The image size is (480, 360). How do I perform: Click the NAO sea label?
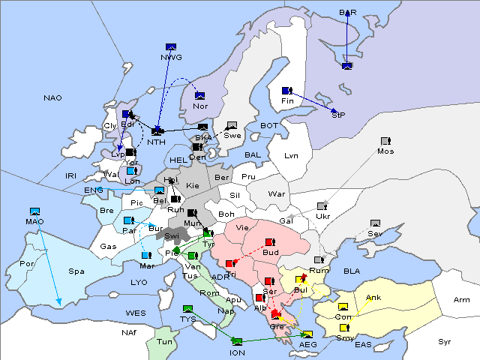point(52,98)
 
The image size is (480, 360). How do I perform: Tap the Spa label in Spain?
point(76,271)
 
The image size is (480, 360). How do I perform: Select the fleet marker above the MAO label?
point(34,211)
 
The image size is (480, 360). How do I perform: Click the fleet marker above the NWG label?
point(170,46)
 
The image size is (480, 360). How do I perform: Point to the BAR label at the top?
point(348,13)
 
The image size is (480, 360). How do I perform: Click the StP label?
point(338,115)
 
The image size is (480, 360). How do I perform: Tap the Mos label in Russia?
point(385,151)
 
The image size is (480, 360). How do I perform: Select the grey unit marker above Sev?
point(375,223)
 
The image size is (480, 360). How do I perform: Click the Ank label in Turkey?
point(373,298)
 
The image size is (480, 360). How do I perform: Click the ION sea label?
point(237,352)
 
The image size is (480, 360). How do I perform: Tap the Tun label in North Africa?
point(163,342)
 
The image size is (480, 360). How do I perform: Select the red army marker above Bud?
point(270,242)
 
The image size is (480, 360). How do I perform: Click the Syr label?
point(445,341)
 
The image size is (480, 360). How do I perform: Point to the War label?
point(277,193)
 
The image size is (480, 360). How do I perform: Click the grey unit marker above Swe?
point(232,125)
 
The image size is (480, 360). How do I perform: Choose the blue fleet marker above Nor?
point(199,95)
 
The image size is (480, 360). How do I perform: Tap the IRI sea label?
point(71,175)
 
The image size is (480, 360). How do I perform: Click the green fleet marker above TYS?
point(187,308)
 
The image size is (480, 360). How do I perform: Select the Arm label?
point(462,300)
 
